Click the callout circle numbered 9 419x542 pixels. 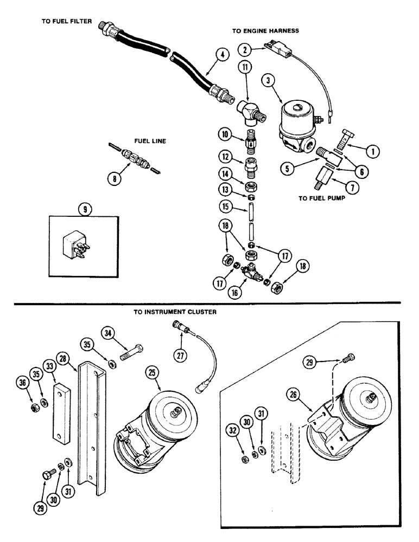pyautogui.click(x=82, y=208)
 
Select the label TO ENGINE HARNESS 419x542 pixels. pyautogui.click(x=266, y=31)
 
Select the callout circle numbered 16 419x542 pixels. pyautogui.click(x=234, y=292)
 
